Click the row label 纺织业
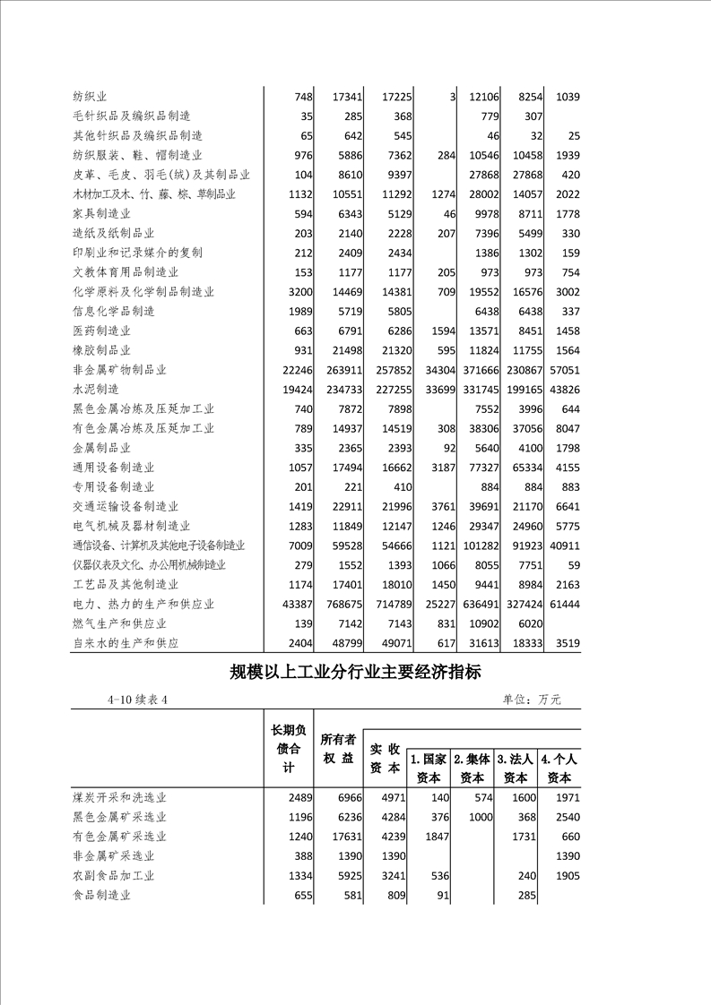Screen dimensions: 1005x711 pyautogui.click(x=91, y=97)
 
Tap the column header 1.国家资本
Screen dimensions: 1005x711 pyautogui.click(x=429, y=769)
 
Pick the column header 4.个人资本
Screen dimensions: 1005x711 pyautogui.click(x=559, y=769)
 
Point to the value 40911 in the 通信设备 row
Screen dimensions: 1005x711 pyautogui.click(x=561, y=545)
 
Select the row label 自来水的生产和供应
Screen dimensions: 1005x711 pyautogui.click(x=126, y=643)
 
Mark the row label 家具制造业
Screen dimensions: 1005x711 pyautogui.click(x=102, y=214)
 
